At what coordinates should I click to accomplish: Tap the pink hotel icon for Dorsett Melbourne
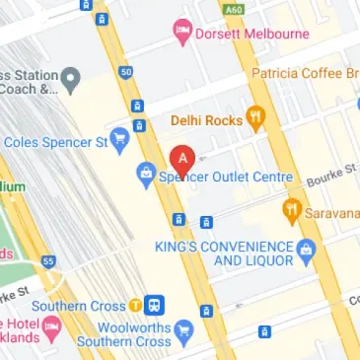pos(181,33)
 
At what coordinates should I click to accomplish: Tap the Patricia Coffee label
pos(305,74)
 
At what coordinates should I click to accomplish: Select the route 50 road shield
pos(125,73)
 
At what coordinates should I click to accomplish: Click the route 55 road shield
pos(47,260)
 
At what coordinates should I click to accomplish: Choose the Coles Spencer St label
pos(57,142)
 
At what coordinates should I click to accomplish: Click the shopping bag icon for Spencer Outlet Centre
pos(146,177)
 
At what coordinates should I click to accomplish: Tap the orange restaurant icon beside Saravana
pos(291,210)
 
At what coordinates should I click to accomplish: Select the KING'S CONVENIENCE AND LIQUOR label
pos(224,253)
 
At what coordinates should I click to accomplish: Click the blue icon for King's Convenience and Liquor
pos(306,249)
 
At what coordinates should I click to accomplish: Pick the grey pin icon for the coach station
pos(71,77)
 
